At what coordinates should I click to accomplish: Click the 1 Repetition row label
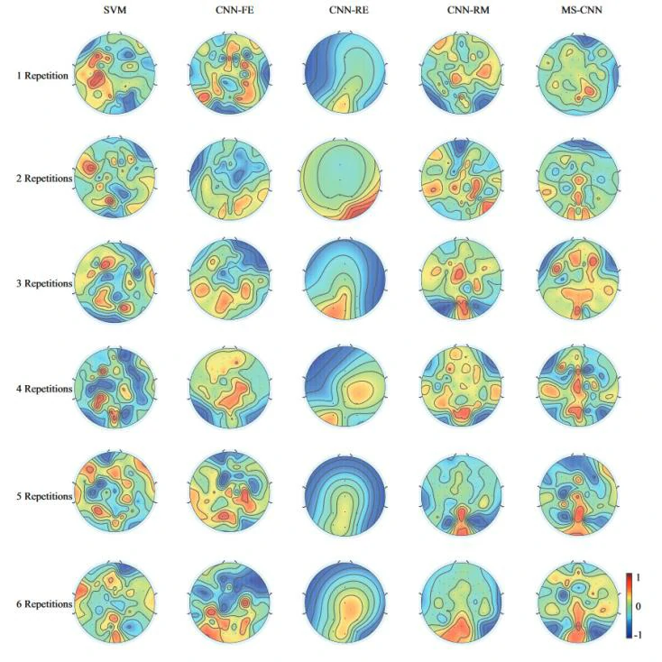[x=41, y=76]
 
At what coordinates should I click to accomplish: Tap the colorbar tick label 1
[x=639, y=577]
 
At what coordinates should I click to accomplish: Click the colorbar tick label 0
[x=639, y=606]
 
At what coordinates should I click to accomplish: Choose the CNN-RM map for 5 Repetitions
[x=460, y=496]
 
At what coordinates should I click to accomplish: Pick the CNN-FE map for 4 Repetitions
[x=229, y=389]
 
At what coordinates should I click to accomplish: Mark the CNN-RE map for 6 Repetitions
[x=345, y=602]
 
